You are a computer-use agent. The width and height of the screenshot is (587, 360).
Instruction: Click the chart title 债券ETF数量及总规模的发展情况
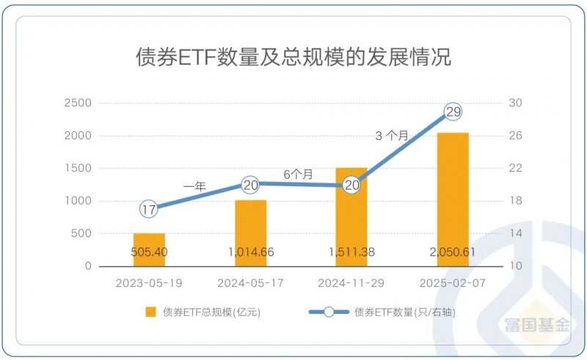coord(293,56)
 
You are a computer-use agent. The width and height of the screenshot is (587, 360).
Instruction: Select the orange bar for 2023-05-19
coord(149,249)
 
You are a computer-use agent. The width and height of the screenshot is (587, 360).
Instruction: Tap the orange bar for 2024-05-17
coord(250,232)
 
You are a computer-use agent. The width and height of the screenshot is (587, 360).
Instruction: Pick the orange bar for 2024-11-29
coord(351,216)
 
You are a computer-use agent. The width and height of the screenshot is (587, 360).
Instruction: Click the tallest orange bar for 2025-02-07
coord(453,199)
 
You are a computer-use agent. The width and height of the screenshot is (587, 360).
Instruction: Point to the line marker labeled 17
coord(149,210)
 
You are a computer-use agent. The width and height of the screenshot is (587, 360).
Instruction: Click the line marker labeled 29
coord(453,112)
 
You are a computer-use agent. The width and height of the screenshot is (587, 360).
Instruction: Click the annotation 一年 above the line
coord(194,187)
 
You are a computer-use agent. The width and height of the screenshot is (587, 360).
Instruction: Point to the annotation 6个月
coord(299,175)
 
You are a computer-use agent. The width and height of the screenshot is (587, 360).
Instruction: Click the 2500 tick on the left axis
coord(77,103)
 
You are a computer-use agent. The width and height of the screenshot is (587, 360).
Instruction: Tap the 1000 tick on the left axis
coord(77,201)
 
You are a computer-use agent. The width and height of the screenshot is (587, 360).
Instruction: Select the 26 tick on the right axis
coord(515,136)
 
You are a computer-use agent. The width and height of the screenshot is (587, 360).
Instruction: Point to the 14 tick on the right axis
coord(515,234)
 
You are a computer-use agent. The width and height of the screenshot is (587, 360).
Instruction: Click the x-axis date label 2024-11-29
coord(351,282)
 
